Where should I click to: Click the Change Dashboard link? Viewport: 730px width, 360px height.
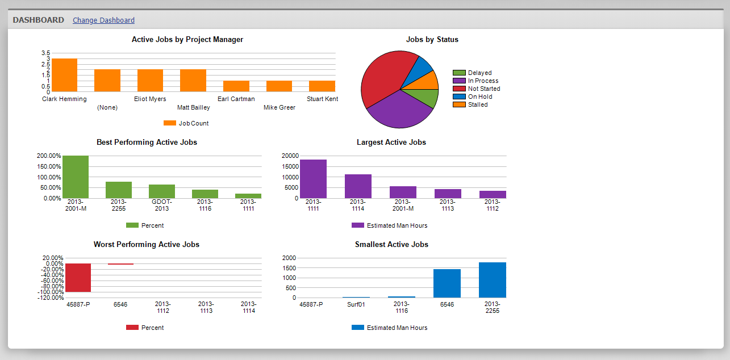pyautogui.click(x=103, y=20)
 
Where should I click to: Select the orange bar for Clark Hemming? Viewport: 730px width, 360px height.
pyautogui.click(x=64, y=75)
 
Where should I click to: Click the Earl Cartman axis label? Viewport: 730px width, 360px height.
pyautogui.click(x=236, y=99)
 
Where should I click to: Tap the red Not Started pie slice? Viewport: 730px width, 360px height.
pyautogui.click(x=383, y=74)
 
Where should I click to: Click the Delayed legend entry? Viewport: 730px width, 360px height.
pyautogui.click(x=479, y=73)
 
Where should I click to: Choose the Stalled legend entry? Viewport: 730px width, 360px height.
pyautogui.click(x=477, y=104)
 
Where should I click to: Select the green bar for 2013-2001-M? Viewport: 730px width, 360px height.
pyautogui.click(x=76, y=177)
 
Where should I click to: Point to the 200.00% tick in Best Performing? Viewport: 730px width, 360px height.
pyautogui.click(x=49, y=156)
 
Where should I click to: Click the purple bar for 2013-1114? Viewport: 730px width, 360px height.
pyautogui.click(x=358, y=186)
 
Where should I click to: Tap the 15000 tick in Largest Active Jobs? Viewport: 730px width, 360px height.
pyautogui.click(x=290, y=166)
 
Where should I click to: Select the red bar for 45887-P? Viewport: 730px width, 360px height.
pyautogui.click(x=78, y=278)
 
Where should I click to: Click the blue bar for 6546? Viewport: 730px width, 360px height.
pyautogui.click(x=447, y=283)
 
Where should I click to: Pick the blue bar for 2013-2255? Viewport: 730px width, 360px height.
pyautogui.click(x=492, y=280)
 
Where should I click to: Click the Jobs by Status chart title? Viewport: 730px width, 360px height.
pyautogui.click(x=432, y=40)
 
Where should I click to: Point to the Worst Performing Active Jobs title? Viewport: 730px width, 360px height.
pyautogui.click(x=147, y=245)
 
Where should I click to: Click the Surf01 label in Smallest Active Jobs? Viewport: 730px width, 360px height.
pyautogui.click(x=356, y=304)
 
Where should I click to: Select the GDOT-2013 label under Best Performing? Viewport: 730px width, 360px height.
pyautogui.click(x=162, y=205)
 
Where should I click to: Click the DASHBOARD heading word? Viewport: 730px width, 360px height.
pyautogui.click(x=39, y=20)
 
